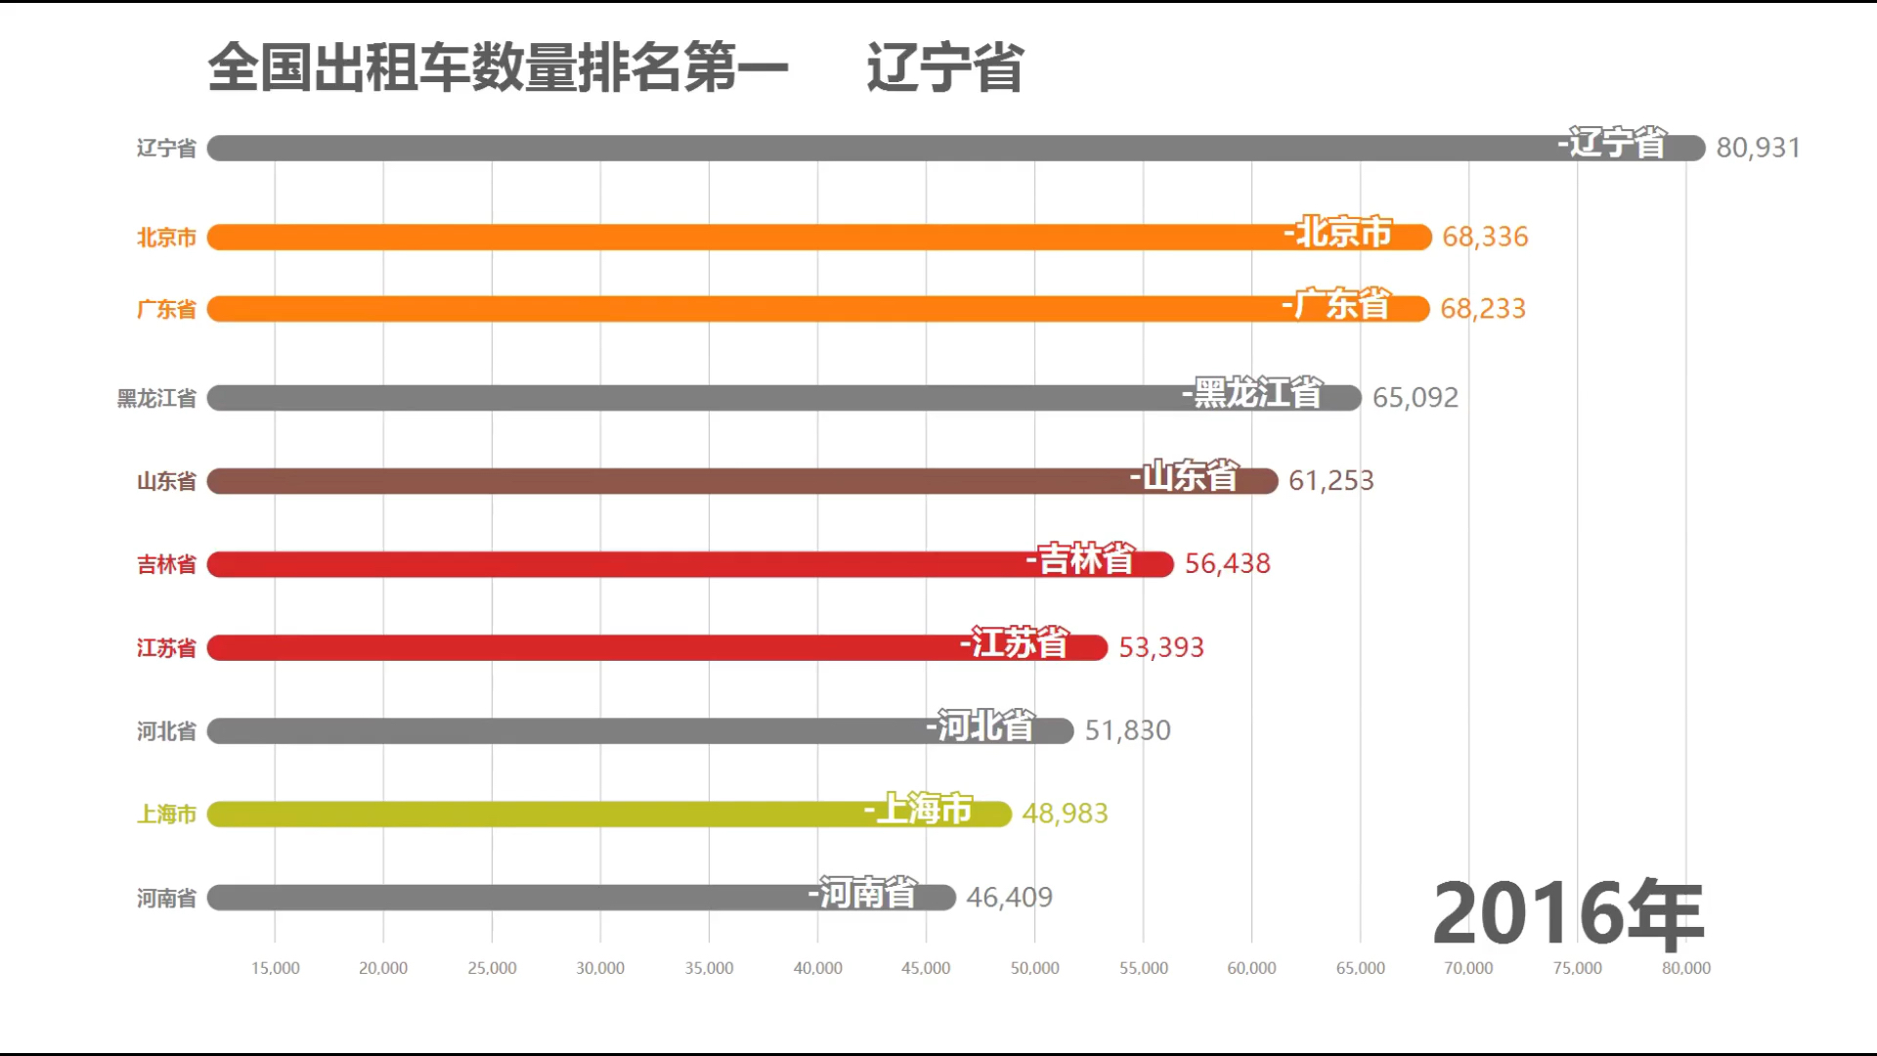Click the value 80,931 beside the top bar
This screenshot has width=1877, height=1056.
1758,148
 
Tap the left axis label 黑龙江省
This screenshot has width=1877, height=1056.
156,398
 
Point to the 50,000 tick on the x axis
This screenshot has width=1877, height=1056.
1034,968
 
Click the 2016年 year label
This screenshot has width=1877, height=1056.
1568,913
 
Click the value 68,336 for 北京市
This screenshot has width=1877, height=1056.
1484,237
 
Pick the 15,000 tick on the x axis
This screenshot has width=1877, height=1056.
275,968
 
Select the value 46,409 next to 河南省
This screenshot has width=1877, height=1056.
1009,897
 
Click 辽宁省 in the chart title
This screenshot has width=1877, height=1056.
944,68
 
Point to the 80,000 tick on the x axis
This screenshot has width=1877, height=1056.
1685,968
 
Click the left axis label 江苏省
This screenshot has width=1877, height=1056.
166,648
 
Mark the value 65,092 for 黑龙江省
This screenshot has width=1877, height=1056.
1415,398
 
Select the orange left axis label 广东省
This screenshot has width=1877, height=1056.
166,310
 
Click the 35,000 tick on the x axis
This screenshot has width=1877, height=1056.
709,968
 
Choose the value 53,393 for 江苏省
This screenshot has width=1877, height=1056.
1160,647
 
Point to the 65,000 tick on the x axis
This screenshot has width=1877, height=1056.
1360,968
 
